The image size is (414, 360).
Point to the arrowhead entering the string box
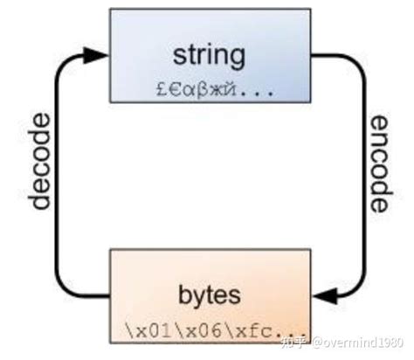pos(93,54)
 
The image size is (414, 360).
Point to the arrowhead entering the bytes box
pos(325,298)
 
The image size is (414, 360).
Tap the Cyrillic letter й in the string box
pos(227,88)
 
